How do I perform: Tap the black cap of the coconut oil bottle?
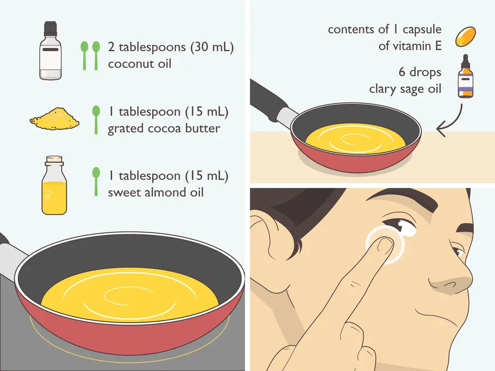(x=50, y=28)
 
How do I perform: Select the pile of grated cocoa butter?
(x=54, y=119)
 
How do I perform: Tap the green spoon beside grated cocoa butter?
(x=96, y=120)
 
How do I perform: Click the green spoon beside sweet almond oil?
(x=96, y=182)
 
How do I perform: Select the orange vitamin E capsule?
(x=466, y=37)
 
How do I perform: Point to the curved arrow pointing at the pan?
(x=453, y=121)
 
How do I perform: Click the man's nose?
(x=451, y=278)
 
